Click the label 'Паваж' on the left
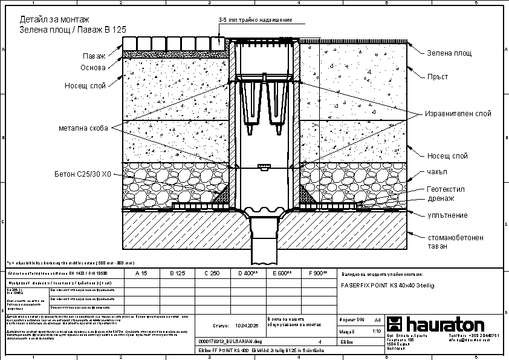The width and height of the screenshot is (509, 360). (94, 56)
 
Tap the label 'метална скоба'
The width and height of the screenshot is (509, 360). (83, 128)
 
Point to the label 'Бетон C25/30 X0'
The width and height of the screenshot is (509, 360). (82, 174)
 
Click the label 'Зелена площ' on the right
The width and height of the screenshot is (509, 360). (449, 53)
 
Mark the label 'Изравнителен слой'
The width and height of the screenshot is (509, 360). (458, 113)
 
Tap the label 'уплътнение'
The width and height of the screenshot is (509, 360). (447, 215)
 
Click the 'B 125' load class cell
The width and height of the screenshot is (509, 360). (178, 274)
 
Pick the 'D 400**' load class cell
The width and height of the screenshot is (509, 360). (247, 274)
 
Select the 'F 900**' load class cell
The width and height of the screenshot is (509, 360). (317, 274)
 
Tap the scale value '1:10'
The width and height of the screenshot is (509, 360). (377, 332)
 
